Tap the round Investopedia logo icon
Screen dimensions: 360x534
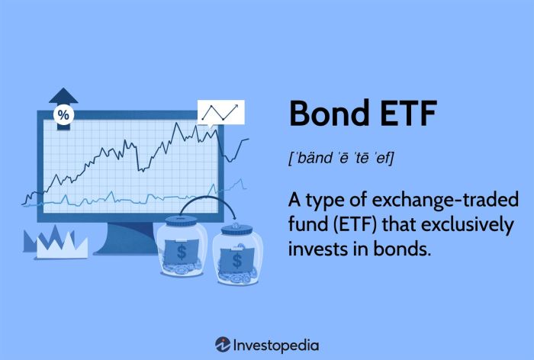coord(223,344)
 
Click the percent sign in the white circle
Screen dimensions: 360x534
coord(64,115)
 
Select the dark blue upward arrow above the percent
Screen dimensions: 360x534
coord(64,96)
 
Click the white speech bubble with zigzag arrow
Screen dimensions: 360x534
coord(221,113)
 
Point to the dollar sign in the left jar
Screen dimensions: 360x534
coord(181,251)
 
